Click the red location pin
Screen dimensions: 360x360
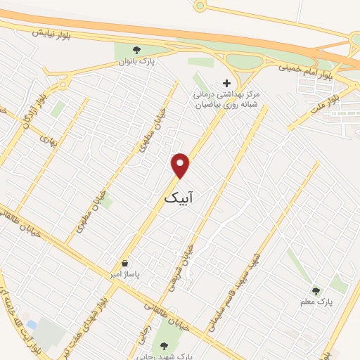(x=181, y=165)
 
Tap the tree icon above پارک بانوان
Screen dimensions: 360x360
(x=137, y=49)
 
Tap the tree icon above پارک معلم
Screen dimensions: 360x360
(x=316, y=289)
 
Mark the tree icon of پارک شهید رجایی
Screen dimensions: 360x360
(x=165, y=345)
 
